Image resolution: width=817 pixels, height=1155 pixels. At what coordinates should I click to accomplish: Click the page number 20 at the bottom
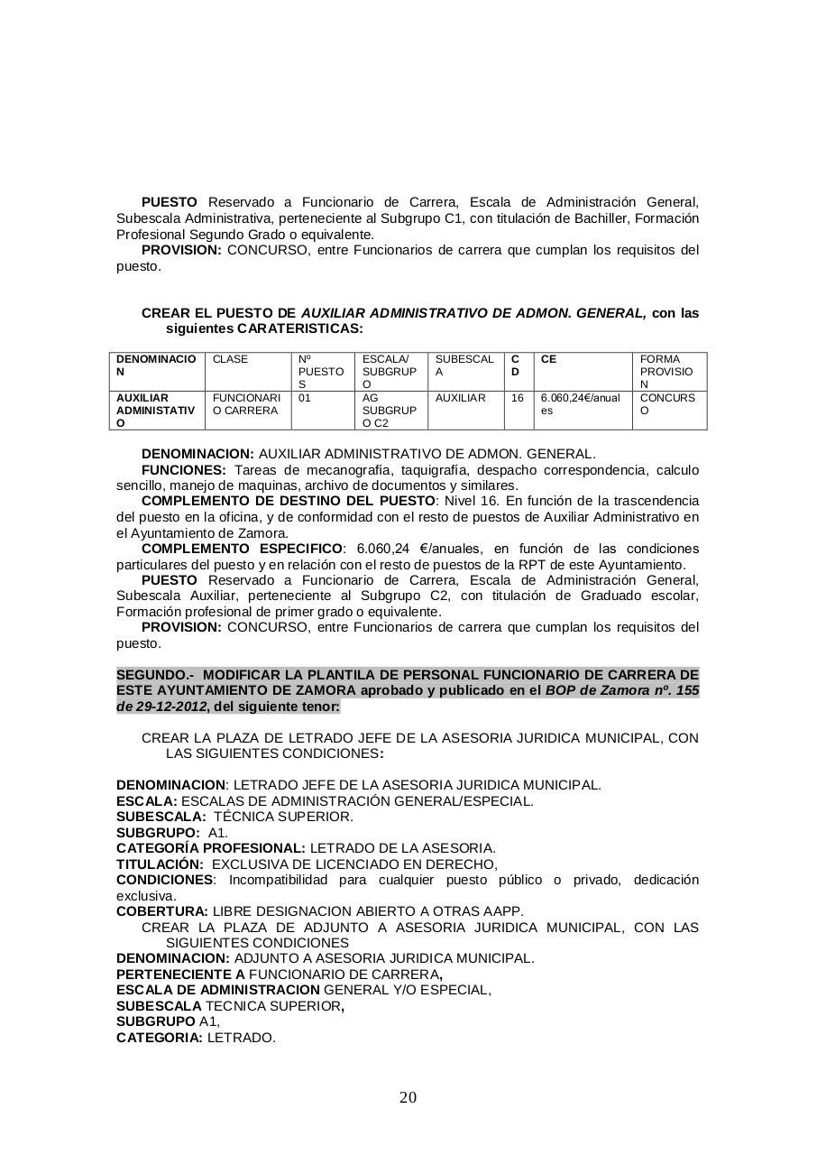(x=408, y=1097)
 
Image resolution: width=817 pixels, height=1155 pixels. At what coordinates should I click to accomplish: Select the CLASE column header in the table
(x=230, y=359)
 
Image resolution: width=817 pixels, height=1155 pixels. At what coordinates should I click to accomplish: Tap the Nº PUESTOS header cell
(x=321, y=371)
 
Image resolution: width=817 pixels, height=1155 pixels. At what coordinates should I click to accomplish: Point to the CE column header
(x=548, y=359)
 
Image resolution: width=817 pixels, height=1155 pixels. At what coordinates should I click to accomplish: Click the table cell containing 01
(x=305, y=398)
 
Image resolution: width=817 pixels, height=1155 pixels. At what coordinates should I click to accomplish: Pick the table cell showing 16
(x=518, y=398)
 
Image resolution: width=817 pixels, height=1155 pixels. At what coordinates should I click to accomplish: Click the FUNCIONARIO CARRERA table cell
(x=246, y=404)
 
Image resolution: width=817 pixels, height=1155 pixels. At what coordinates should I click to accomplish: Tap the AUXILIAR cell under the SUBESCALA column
(x=460, y=398)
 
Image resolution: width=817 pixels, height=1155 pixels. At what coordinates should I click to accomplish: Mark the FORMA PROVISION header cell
(x=666, y=371)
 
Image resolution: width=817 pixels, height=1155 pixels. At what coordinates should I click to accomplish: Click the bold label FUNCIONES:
(x=184, y=470)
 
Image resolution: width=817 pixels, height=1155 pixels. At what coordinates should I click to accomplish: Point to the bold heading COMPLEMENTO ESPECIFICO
(x=243, y=549)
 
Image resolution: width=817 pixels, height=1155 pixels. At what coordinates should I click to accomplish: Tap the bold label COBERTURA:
(x=162, y=911)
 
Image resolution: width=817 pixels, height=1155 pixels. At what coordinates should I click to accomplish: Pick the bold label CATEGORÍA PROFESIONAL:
(x=211, y=848)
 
